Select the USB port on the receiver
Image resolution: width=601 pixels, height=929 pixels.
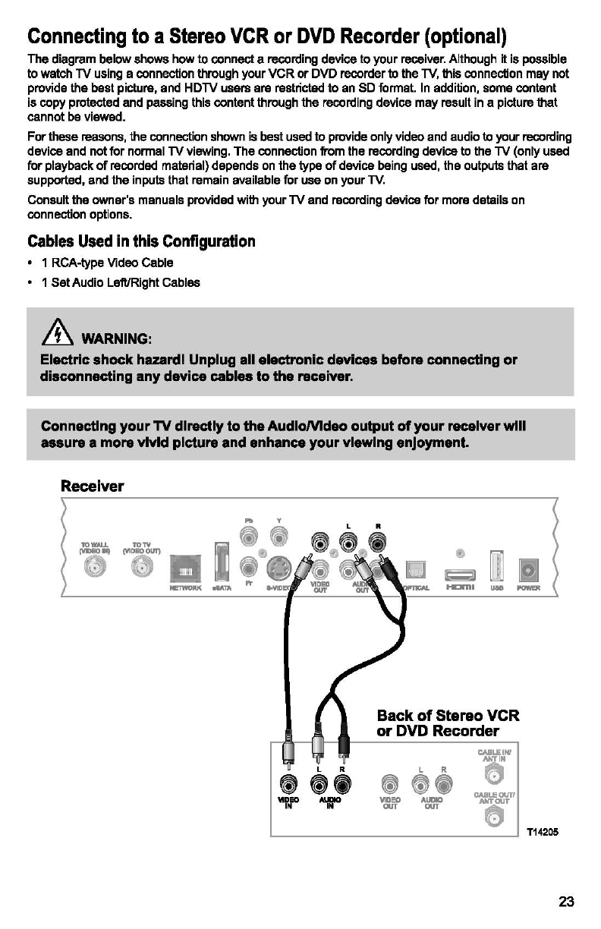pos(496,565)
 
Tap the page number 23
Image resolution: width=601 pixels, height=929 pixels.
pos(566,902)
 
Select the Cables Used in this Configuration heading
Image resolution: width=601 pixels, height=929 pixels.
pos(141,241)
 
